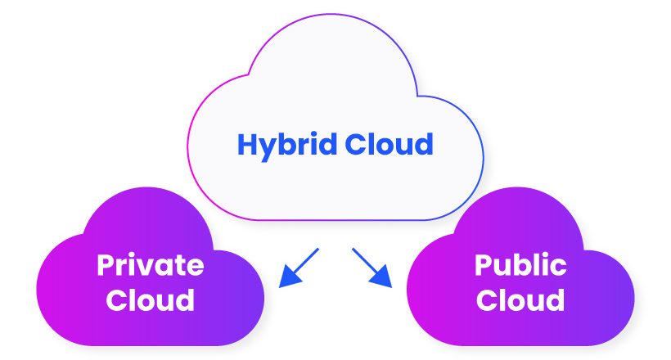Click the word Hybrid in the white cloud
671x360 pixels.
click(x=287, y=146)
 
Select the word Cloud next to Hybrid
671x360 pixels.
click(x=389, y=144)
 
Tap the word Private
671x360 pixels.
click(x=151, y=265)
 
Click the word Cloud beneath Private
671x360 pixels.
click(x=151, y=299)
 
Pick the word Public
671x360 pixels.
click(x=520, y=265)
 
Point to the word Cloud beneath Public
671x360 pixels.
click(x=520, y=299)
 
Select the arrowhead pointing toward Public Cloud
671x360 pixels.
click(x=381, y=276)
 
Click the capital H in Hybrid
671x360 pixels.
click(x=247, y=144)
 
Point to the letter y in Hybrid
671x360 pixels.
click(x=269, y=150)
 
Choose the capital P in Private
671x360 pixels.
click(x=106, y=265)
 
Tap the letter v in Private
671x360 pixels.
click(x=146, y=268)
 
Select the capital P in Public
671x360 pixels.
click(x=483, y=265)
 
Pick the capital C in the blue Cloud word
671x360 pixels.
click(x=354, y=144)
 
